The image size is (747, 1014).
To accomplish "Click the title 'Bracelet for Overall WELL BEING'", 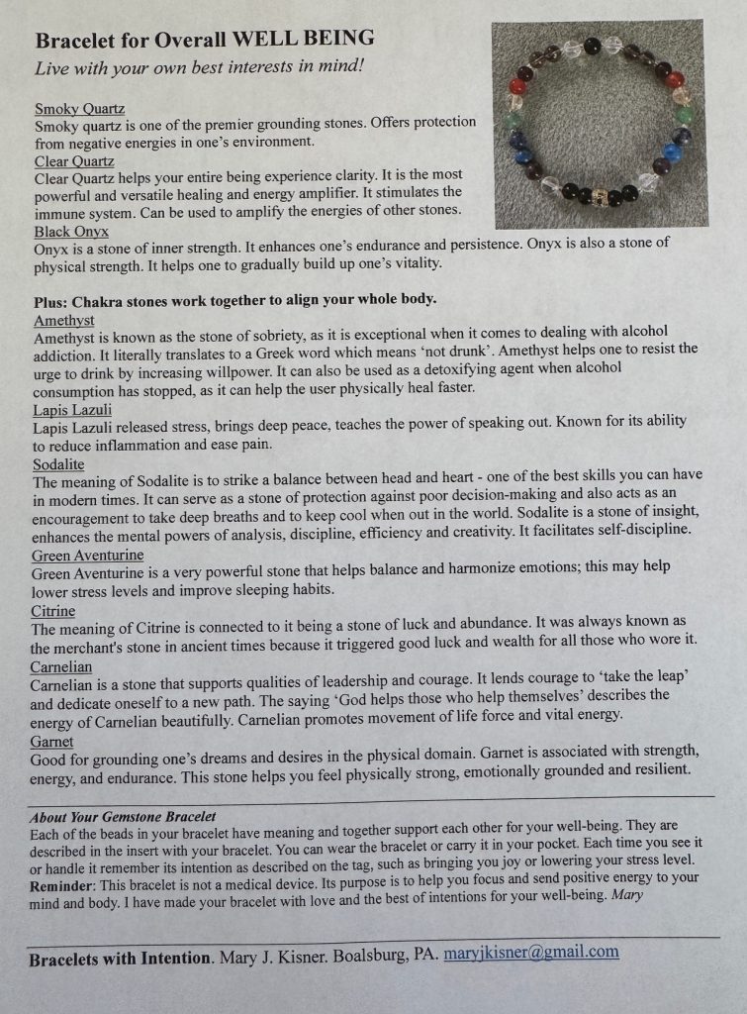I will [x=205, y=40].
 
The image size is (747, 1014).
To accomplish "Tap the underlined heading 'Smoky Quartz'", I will [x=80, y=108].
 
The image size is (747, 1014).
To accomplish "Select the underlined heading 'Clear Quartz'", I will [x=74, y=160].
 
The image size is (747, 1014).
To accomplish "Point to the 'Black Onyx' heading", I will [x=73, y=232].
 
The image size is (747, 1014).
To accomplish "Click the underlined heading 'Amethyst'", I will [x=64, y=320].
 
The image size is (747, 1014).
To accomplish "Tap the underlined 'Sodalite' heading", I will [x=59, y=463].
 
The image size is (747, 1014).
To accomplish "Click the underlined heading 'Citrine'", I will [x=53, y=610].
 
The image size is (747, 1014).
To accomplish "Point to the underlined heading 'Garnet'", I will [x=53, y=741].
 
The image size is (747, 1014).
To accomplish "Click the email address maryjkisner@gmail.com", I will [x=531, y=953].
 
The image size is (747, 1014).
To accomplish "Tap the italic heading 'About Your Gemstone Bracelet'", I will [x=123, y=817].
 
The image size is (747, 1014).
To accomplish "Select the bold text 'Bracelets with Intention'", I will [x=119, y=959].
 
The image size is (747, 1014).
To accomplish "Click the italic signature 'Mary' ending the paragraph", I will [x=628, y=895].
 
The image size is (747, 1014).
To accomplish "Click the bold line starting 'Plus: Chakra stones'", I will [x=234, y=299].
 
